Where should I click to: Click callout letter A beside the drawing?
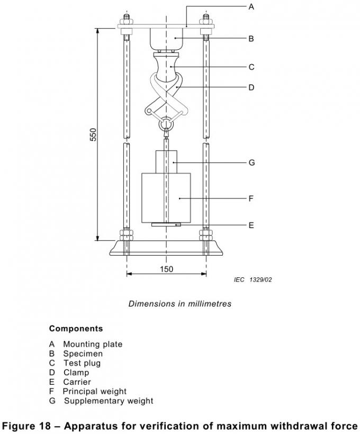pos(251,7)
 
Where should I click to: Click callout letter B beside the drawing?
pos(251,39)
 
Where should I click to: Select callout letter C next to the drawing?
pos(251,67)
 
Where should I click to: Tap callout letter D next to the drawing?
pos(251,87)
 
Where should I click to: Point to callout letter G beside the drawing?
pos(251,162)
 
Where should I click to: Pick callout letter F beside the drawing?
pos(251,198)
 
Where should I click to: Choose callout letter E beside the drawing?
pos(251,225)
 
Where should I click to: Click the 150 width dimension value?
pos(166,269)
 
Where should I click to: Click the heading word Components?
pos(76,329)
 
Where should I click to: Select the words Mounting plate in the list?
pos(93,344)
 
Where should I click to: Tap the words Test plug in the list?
pos(82,363)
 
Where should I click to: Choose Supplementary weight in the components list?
pos(109,401)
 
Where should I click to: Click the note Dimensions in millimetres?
pos(179,304)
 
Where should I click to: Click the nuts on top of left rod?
pos(127,22)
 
